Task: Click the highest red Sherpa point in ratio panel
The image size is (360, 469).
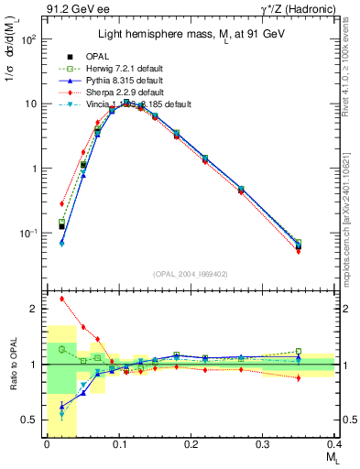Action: click(62, 299)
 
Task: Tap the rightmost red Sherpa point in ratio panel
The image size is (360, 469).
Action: click(324, 377)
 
